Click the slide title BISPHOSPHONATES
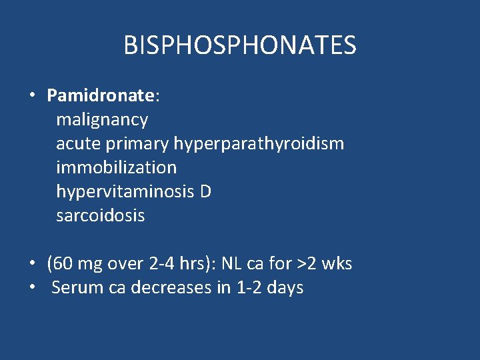point(240,45)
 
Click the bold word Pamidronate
point(101,95)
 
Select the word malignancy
point(102,120)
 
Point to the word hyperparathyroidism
point(259,144)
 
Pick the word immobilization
point(117,167)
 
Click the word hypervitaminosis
point(125,191)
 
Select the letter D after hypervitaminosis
point(205,191)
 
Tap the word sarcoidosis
point(101,215)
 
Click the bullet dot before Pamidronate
point(32,95)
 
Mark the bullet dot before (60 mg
point(32,264)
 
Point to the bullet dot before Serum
point(32,288)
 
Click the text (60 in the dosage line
point(59,264)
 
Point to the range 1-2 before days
point(251,288)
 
